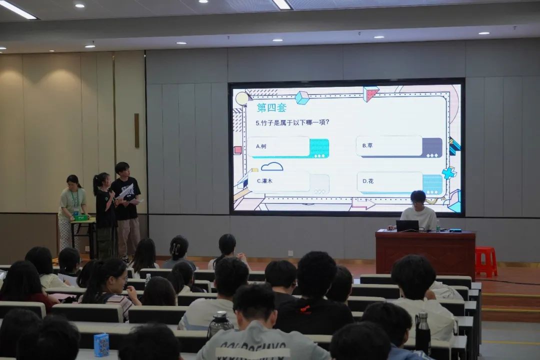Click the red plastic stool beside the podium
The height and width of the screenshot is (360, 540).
coord(485,261)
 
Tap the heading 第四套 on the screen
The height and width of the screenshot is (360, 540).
coord(271,107)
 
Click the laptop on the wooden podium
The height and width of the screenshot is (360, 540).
coord(407,225)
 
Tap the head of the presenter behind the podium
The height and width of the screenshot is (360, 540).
coord(417,197)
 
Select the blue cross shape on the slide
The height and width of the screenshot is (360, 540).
coord(449,173)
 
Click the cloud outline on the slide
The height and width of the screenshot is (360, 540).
coord(272,166)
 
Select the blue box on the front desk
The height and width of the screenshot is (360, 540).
coord(101,344)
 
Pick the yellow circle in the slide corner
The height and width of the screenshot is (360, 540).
coord(243,98)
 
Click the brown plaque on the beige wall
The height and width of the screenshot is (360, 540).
coord(136,130)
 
